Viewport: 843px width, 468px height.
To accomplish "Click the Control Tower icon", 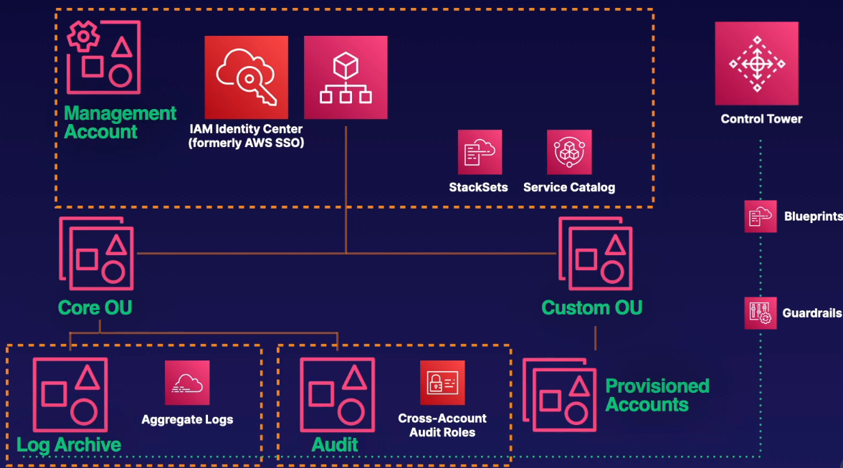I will [756, 63].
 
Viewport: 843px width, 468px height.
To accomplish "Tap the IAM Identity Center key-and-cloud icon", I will [246, 77].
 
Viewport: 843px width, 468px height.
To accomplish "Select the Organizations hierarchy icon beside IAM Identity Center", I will [346, 77].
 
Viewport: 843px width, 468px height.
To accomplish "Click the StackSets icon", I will [480, 152].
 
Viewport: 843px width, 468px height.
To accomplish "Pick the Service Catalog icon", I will [569, 152].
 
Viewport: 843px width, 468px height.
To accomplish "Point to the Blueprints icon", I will [760, 216].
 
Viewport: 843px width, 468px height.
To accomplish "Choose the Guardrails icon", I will [760, 313].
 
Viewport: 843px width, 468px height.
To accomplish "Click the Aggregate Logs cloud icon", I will [187, 383].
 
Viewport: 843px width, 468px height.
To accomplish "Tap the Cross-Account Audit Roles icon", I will [442, 383].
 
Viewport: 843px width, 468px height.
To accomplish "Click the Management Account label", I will [120, 123].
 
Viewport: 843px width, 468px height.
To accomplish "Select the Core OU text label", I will [95, 308].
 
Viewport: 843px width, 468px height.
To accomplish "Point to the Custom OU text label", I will [591, 308].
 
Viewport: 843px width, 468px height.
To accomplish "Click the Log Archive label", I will [69, 444].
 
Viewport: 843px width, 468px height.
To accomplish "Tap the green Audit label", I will [335, 444].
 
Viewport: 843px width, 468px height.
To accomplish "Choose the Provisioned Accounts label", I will [657, 395].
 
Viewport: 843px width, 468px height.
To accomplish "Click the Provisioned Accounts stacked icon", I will [560, 396].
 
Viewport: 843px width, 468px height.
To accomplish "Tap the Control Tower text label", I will [761, 119].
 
